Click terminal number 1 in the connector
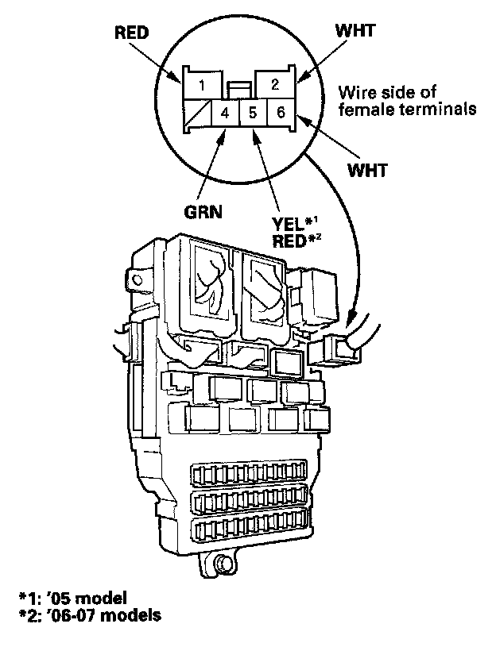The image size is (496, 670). [203, 84]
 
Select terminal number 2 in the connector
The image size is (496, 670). [274, 84]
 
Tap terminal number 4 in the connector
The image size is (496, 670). [226, 113]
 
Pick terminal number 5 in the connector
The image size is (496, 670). [253, 113]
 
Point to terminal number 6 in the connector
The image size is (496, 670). [280, 113]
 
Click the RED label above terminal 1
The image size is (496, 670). [132, 34]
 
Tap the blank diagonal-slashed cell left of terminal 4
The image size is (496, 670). [198, 113]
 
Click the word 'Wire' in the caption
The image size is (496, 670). [355, 92]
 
